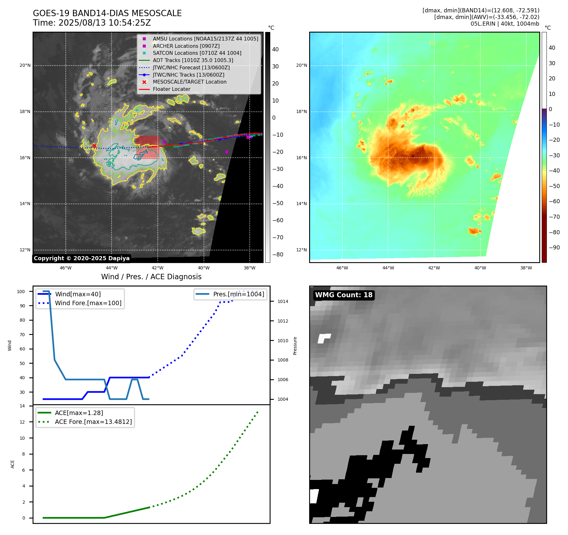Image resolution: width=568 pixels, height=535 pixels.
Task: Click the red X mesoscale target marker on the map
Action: coord(95,146)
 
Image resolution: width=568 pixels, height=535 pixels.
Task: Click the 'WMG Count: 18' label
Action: coord(344,295)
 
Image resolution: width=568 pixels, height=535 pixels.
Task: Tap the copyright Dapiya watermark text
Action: coord(82,258)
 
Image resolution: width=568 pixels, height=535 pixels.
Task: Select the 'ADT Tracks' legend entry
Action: coord(193,60)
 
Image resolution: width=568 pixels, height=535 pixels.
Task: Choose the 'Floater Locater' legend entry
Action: coord(171,89)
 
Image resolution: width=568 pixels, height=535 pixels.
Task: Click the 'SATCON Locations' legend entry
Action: coord(197,53)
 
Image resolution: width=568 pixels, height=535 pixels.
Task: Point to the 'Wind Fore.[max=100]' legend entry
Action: coord(88,303)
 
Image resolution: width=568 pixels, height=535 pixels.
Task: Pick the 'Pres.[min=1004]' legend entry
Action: coord(238,294)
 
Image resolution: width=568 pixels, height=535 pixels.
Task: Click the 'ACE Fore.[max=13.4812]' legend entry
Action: coord(93,422)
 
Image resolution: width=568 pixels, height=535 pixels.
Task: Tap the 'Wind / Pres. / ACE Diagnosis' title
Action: coord(151,277)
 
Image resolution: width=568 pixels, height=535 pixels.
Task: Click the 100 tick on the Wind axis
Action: coord(21,292)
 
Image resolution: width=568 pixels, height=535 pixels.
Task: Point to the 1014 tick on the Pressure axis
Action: coord(283,301)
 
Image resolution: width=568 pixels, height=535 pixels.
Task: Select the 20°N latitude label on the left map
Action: coord(25,66)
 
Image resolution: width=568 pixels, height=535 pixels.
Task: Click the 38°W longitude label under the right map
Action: coord(526,268)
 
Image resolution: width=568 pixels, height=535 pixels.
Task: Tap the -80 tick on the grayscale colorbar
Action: coord(278,255)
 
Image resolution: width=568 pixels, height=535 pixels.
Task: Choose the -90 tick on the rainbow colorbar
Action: coord(554,248)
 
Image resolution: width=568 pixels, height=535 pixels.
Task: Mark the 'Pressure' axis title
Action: coord(295,346)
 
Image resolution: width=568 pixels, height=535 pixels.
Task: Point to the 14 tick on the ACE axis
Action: coord(22,406)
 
